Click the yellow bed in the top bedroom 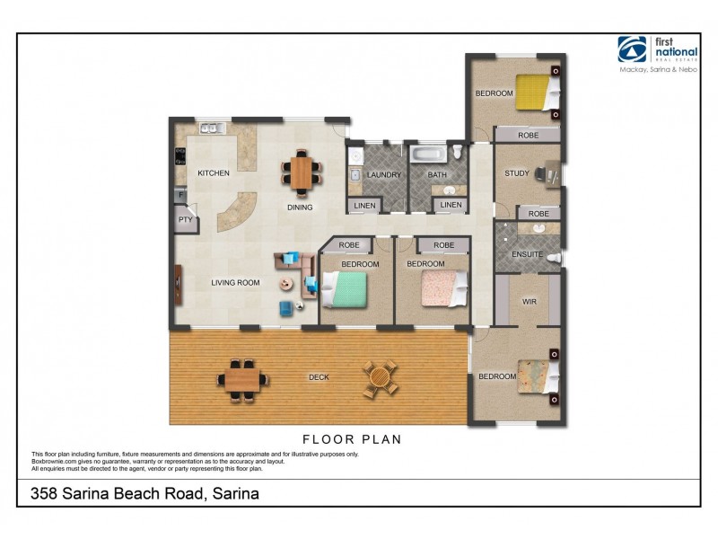pyautogui.click(x=537, y=92)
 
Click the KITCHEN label pyautogui.click(x=214, y=173)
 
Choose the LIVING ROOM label pyautogui.click(x=235, y=283)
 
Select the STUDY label pyautogui.click(x=516, y=173)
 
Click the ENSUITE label pyautogui.click(x=526, y=254)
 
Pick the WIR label pyautogui.click(x=530, y=302)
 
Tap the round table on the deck pyautogui.click(x=380, y=378)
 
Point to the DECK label pyautogui.click(x=318, y=377)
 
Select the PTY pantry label pyautogui.click(x=185, y=219)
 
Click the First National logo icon pyautogui.click(x=632, y=49)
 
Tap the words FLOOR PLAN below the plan pyautogui.click(x=351, y=440)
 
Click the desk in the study pyautogui.click(x=549, y=173)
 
